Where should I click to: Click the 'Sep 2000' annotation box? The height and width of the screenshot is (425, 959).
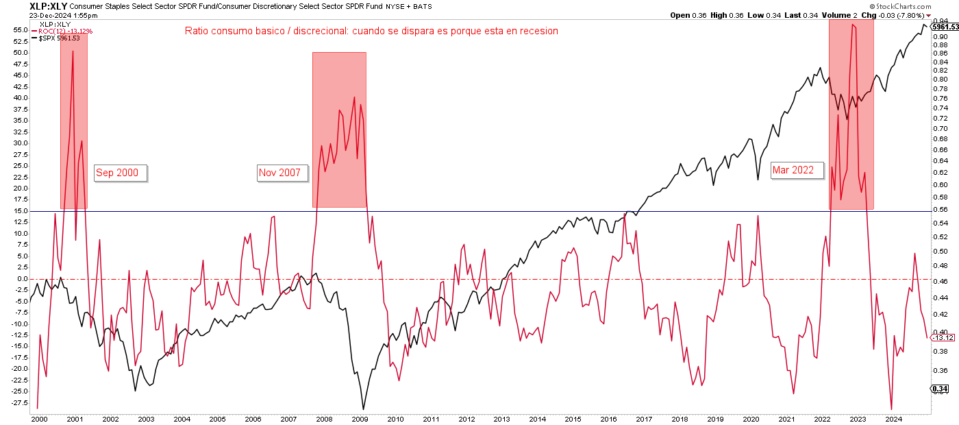pyautogui.click(x=121, y=173)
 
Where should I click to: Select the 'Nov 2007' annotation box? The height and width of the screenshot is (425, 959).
pyautogui.click(x=279, y=173)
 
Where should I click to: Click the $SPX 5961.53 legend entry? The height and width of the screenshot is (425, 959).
pyautogui.click(x=60, y=38)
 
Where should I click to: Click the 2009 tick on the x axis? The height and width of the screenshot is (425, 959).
pyautogui.click(x=360, y=418)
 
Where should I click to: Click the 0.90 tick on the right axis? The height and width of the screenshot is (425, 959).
pyautogui.click(x=939, y=36)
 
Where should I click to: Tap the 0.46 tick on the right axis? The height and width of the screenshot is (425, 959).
pyautogui.click(x=939, y=281)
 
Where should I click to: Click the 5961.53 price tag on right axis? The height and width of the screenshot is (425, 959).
pyautogui.click(x=944, y=27)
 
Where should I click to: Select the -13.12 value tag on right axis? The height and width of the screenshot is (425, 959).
pyautogui.click(x=943, y=338)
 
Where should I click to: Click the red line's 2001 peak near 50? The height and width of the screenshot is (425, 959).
pyautogui.click(x=73, y=51)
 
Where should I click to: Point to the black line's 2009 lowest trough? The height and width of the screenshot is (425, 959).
pyautogui.click(x=362, y=409)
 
